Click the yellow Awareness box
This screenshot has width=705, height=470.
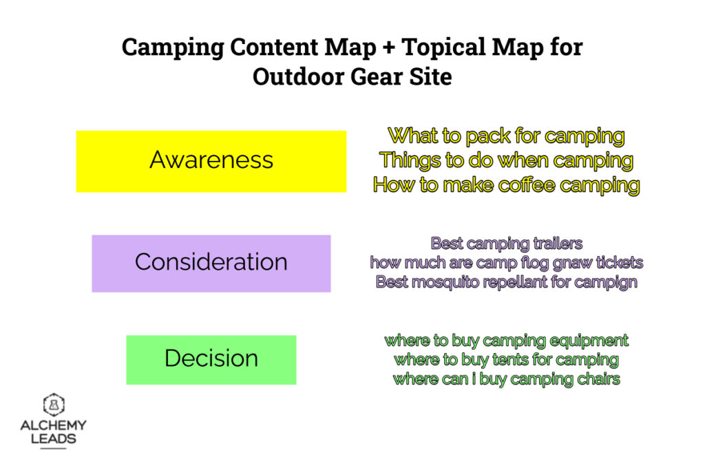coord(211,161)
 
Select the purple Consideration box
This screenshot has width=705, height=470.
coord(211,263)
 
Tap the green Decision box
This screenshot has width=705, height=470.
coord(211,359)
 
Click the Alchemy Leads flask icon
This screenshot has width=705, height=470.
coord(53,405)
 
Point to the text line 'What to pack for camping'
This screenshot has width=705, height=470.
coord(506,136)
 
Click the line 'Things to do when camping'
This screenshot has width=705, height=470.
coord(506,160)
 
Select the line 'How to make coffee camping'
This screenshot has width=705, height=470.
coord(506,185)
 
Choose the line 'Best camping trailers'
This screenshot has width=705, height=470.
coord(506,244)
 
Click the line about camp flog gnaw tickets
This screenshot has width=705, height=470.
coord(506,263)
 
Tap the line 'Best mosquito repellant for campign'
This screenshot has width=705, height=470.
coord(506,282)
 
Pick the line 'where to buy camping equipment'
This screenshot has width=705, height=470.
coord(506,341)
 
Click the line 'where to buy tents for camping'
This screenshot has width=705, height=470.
coord(506,360)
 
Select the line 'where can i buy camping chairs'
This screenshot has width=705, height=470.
coord(506,379)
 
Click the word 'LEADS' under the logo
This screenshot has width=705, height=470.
coord(53,439)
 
